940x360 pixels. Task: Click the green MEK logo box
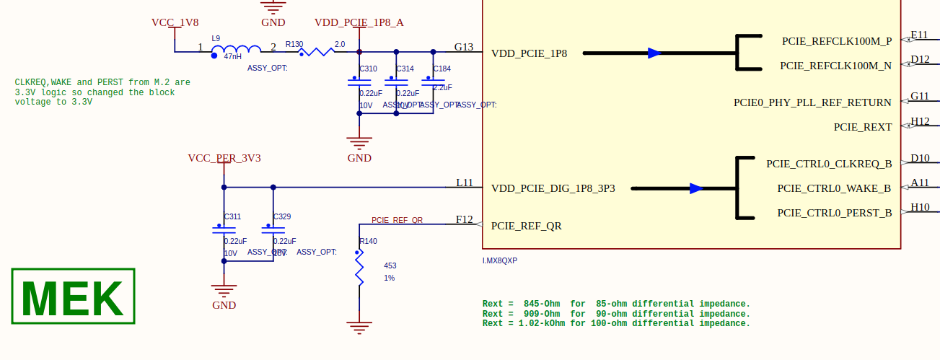(73, 297)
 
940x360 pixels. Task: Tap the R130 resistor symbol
(315, 51)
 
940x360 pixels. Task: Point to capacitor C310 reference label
(368, 69)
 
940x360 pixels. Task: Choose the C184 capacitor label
(442, 69)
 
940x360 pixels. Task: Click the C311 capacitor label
(232, 216)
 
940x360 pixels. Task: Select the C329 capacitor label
(282, 216)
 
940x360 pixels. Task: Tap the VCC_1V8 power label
(175, 22)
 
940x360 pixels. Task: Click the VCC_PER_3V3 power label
(224, 158)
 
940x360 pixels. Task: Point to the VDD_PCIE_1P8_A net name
(359, 22)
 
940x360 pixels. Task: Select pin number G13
(463, 47)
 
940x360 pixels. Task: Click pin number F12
(464, 219)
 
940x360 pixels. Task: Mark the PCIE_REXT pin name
(862, 127)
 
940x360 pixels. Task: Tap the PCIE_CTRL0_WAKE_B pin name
(833, 188)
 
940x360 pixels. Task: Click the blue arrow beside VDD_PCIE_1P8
(654, 53)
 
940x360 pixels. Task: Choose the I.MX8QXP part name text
(500, 260)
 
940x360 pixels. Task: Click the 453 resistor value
(390, 265)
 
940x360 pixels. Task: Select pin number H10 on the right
(919, 207)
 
